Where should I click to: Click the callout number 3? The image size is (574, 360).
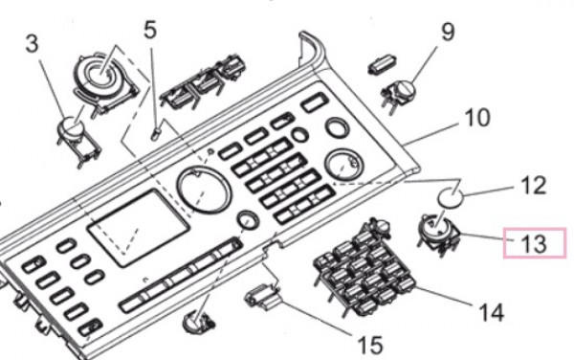click(32, 44)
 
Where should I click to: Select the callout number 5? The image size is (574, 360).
click(150, 30)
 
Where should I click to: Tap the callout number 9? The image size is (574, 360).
click(448, 32)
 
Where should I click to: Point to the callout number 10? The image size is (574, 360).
click(476, 118)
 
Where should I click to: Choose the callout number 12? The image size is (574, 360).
click(534, 185)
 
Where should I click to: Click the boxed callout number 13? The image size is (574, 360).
click(534, 243)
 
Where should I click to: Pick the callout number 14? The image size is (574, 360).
click(492, 312)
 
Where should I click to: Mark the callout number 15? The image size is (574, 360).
click(369, 346)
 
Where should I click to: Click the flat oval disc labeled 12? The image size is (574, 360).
click(451, 198)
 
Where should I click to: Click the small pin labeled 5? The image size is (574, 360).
click(157, 132)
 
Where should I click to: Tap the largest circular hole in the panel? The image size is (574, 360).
click(204, 190)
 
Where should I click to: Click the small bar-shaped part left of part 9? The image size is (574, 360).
click(382, 65)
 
